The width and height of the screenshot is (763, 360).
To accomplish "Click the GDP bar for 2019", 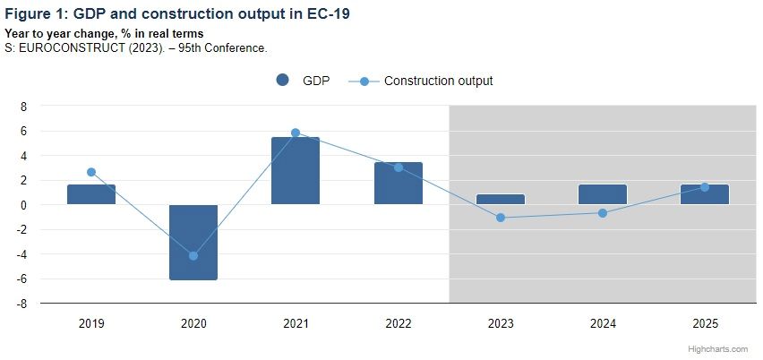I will tap(91, 194).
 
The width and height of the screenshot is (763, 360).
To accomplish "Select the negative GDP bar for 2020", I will tap(193, 242).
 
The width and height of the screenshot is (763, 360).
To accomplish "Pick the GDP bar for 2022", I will tap(398, 183).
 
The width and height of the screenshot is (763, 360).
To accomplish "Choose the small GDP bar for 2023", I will tap(501, 199).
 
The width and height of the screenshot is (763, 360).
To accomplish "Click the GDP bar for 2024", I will tap(603, 194).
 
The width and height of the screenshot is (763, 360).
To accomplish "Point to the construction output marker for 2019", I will tap(91, 172).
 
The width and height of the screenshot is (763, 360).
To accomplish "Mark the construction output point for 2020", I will tap(193, 256).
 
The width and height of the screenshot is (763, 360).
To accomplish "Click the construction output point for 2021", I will tap(296, 133).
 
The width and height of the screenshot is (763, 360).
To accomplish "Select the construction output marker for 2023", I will tap(501, 218).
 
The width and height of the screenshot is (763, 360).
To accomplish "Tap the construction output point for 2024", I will tap(603, 213).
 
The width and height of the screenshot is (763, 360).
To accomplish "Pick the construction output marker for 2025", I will tap(705, 187).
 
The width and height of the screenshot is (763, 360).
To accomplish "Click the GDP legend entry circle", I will tap(283, 81).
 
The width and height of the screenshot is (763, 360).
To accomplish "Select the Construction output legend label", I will tap(438, 81).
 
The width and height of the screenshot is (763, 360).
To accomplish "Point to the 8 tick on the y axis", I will tap(24, 106).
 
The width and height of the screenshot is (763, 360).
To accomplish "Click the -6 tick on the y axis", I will tap(22, 279).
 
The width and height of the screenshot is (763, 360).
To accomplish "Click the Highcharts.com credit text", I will tap(725, 348).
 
